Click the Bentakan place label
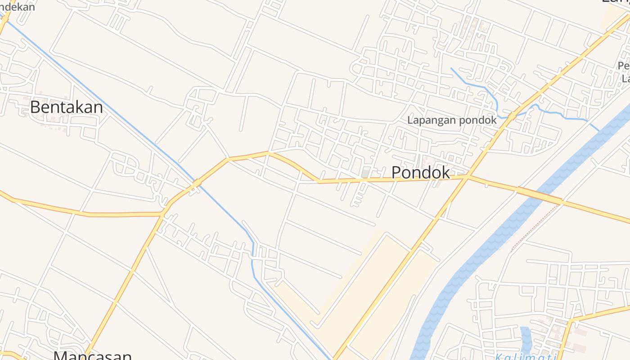[67, 107]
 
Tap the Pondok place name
[420, 172]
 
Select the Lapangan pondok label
[452, 120]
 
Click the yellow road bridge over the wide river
[540, 195]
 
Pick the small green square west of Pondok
[365, 173]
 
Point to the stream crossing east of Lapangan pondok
[512, 116]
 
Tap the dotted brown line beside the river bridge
[535, 225]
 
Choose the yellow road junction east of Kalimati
[571, 321]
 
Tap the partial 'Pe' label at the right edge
[623, 66]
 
